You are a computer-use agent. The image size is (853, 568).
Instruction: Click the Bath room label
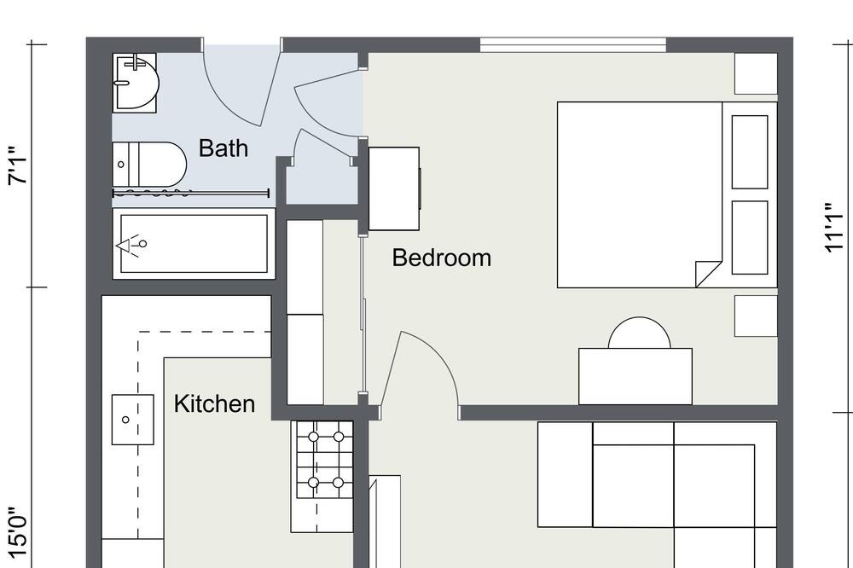[223, 148]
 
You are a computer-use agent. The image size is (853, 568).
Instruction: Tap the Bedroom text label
[441, 258]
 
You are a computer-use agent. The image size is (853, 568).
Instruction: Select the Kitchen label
[214, 403]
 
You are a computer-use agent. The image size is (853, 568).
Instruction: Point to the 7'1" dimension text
[17, 165]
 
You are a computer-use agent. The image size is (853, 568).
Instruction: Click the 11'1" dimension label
[834, 228]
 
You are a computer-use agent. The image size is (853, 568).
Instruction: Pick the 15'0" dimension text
[17, 533]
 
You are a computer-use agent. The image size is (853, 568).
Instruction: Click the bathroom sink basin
[135, 84]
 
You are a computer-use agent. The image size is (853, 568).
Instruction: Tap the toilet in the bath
[149, 165]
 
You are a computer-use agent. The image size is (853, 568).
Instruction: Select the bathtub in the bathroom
[194, 243]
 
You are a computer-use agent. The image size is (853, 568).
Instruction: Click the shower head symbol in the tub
[131, 245]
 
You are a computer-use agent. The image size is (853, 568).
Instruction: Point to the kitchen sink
[133, 420]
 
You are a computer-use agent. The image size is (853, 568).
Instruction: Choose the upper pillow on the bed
[750, 152]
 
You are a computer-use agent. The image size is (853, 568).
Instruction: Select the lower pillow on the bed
[750, 238]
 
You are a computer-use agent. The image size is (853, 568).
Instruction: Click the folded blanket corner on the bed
[707, 274]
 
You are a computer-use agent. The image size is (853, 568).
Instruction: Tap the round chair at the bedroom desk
[639, 333]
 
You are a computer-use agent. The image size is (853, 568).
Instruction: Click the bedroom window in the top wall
[573, 45]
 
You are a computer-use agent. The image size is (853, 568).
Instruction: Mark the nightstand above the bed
[756, 73]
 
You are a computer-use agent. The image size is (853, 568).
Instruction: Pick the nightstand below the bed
[756, 316]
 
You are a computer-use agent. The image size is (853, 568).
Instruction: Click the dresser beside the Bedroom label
[394, 188]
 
